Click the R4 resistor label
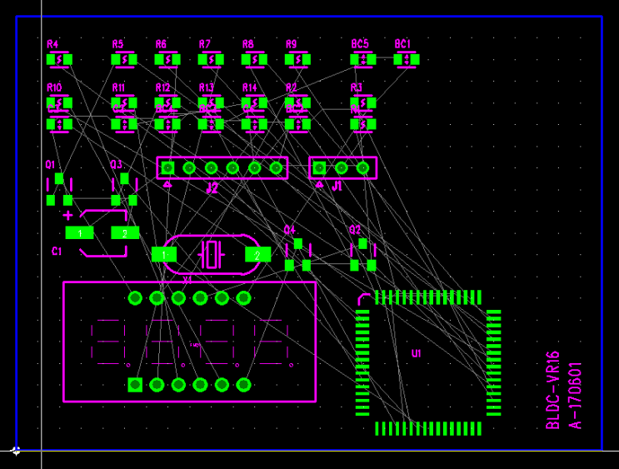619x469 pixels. click(52, 44)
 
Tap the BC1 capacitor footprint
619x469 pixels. click(407, 59)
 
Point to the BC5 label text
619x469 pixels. click(359, 43)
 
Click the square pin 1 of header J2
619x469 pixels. click(167, 168)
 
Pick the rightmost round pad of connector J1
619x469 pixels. click(363, 168)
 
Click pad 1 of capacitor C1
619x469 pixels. click(80, 233)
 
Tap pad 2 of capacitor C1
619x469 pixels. click(125, 233)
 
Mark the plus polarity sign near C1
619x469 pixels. click(67, 215)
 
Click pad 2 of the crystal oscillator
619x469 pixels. click(257, 254)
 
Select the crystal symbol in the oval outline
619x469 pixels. click(212, 253)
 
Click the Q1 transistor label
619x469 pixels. click(50, 165)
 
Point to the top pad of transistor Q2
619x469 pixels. click(362, 243)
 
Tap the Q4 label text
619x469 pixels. click(289, 229)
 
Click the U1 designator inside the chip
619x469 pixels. click(417, 353)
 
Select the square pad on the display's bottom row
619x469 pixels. click(135, 384)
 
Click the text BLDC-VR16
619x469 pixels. click(552, 390)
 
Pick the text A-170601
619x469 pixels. click(575, 394)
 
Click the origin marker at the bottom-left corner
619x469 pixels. click(16, 451)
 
